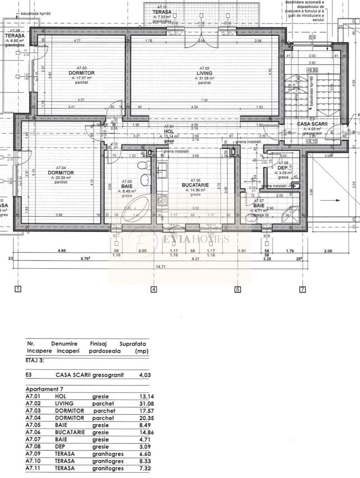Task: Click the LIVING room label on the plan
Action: pos(204,73)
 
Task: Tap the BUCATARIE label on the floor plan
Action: pos(195,185)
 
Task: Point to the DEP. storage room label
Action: pos(283,168)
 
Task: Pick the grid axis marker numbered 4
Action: pos(154,290)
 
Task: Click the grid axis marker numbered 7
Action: pos(303,290)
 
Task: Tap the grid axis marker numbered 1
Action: pos(18,290)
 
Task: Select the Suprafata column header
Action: pos(133,343)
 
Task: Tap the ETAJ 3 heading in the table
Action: pos(35,360)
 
